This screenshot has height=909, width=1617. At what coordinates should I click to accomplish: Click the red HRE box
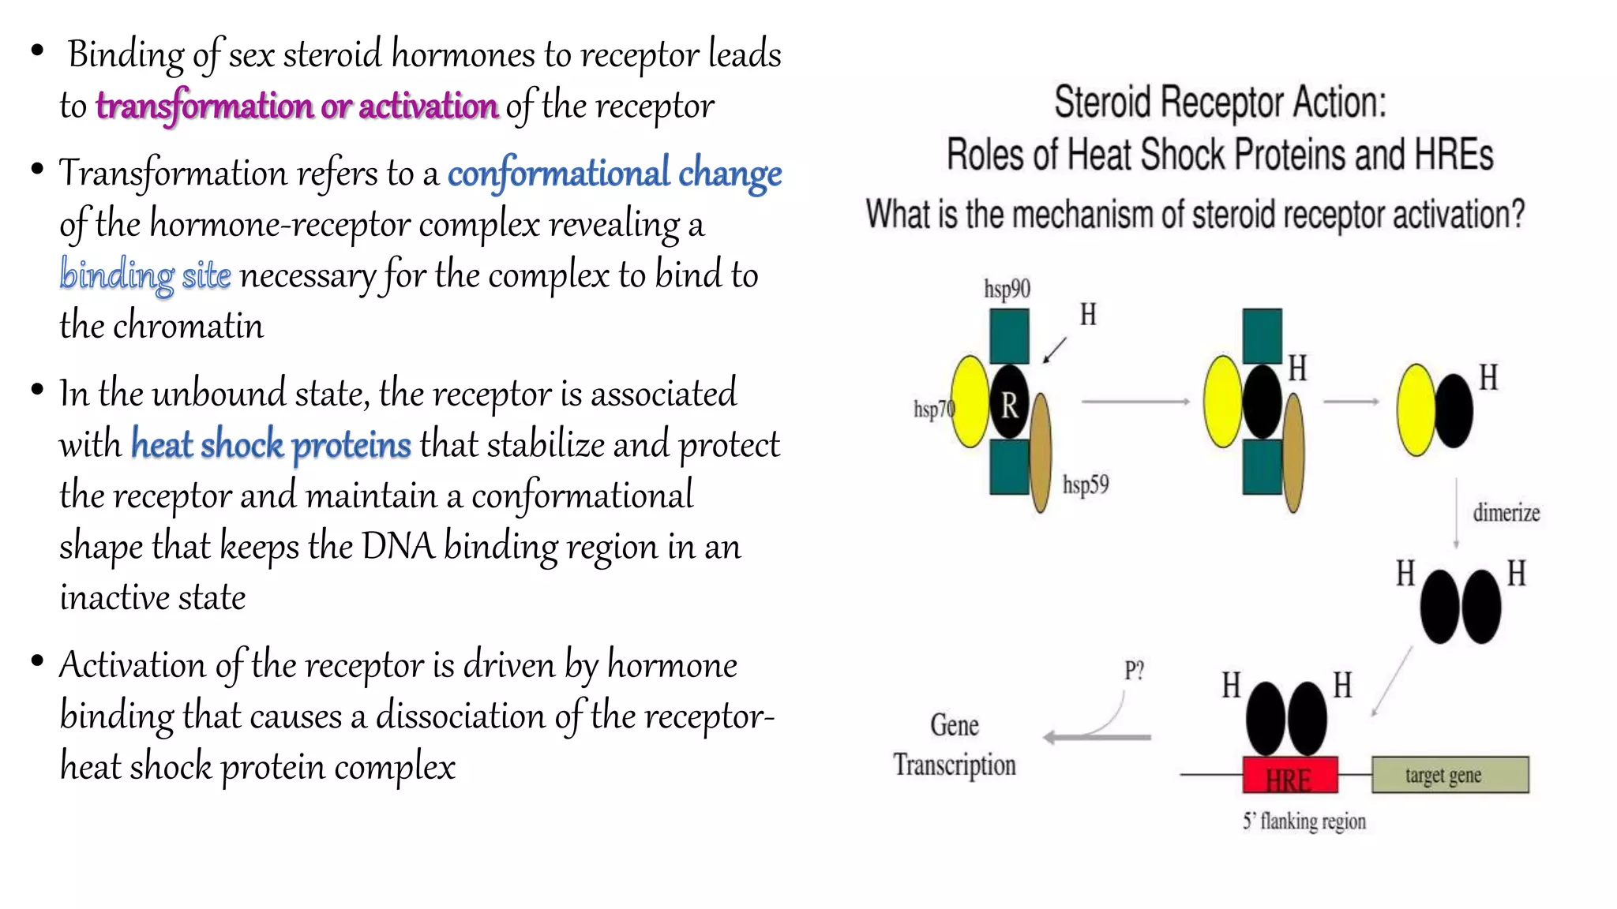click(x=1289, y=775)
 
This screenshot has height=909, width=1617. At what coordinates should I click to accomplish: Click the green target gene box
click(x=1450, y=775)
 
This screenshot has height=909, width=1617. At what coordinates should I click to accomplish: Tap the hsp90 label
click(x=1007, y=289)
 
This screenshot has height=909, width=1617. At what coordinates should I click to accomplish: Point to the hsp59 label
click(x=1086, y=484)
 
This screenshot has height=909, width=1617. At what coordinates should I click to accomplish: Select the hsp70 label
click(x=932, y=409)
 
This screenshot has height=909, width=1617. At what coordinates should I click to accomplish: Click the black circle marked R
click(x=1009, y=404)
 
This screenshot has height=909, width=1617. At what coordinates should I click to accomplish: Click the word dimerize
click(x=1506, y=513)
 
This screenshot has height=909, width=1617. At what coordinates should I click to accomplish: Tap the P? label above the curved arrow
click(x=1134, y=671)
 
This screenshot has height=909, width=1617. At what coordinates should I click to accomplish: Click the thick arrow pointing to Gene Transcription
click(x=1097, y=737)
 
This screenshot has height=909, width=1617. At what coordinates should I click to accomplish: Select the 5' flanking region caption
click(x=1304, y=821)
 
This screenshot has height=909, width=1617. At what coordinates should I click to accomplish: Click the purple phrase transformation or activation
click(x=297, y=106)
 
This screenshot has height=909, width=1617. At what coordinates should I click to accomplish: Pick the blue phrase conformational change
click(x=614, y=173)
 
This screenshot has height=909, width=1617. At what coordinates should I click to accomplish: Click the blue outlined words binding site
click(x=145, y=275)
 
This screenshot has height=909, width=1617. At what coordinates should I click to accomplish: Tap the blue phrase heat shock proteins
click(x=271, y=444)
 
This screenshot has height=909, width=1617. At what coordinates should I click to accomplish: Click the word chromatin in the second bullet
click(x=188, y=326)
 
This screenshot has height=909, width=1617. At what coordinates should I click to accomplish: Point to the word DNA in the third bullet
click(x=398, y=546)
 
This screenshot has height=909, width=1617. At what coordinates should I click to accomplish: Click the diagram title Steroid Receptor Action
click(x=1220, y=103)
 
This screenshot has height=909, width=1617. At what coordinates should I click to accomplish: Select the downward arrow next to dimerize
click(x=1456, y=513)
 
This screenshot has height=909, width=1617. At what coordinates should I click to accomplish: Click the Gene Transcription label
click(x=955, y=745)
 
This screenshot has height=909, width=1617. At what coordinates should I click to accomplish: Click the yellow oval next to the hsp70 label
click(x=969, y=401)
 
